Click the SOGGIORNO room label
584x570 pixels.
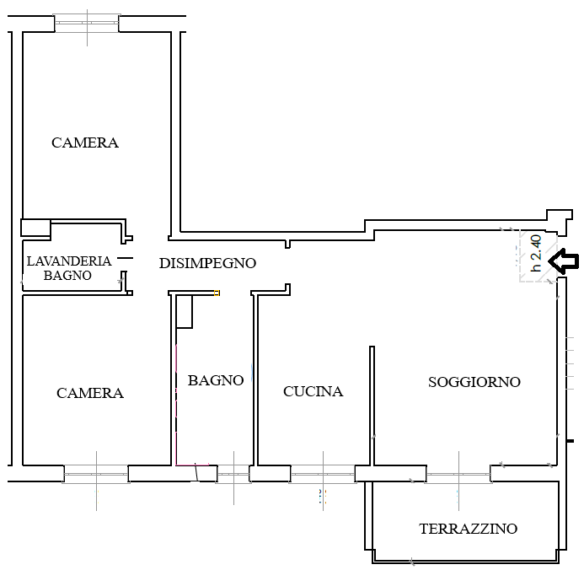(474, 382)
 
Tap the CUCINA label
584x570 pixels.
(313, 391)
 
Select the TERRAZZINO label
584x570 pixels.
(468, 530)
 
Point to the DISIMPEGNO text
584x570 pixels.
(207, 263)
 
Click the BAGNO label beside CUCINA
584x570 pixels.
(216, 380)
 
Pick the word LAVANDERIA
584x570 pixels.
(67, 261)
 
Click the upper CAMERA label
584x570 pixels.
(85, 142)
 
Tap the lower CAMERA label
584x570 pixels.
(90, 393)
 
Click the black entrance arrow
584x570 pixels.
(563, 261)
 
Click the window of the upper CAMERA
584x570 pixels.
(86, 23)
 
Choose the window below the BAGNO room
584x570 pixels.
(233, 476)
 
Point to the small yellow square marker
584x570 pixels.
(217, 293)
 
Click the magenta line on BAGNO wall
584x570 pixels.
(176, 405)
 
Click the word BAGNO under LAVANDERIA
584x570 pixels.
(67, 275)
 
